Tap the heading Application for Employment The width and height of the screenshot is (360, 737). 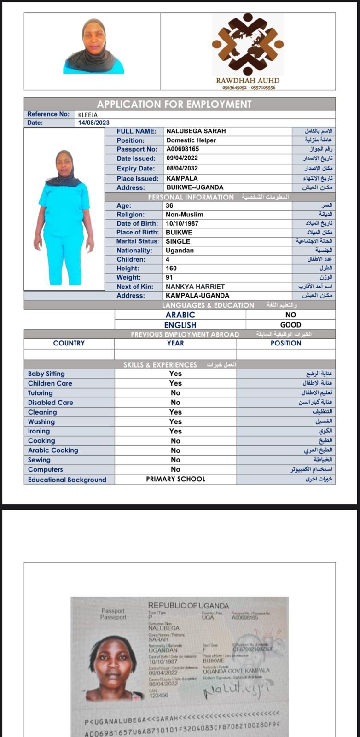[x=174, y=104]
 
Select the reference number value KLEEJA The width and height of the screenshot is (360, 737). [x=88, y=115]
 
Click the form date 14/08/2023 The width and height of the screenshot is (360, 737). [x=94, y=123]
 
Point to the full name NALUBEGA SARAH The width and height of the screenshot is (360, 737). [x=196, y=131]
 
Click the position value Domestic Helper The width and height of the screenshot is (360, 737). [x=191, y=140]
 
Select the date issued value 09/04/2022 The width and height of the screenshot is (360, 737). [x=182, y=158]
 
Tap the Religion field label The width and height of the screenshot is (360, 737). [x=130, y=215]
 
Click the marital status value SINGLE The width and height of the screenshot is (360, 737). [x=178, y=241]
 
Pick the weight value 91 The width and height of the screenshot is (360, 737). [x=171, y=277]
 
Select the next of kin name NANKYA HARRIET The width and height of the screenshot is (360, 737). [x=195, y=287]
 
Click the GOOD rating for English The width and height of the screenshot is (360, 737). [x=290, y=325]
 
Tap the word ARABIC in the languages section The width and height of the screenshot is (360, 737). [x=180, y=315]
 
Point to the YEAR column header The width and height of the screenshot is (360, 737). [x=175, y=343]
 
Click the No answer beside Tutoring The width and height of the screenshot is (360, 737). [x=175, y=393]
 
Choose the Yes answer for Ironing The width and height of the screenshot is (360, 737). [x=175, y=431]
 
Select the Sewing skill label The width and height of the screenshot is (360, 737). [x=39, y=460]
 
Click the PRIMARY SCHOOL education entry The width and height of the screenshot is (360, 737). [x=175, y=479]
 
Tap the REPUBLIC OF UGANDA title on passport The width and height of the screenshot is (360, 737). [x=188, y=606]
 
